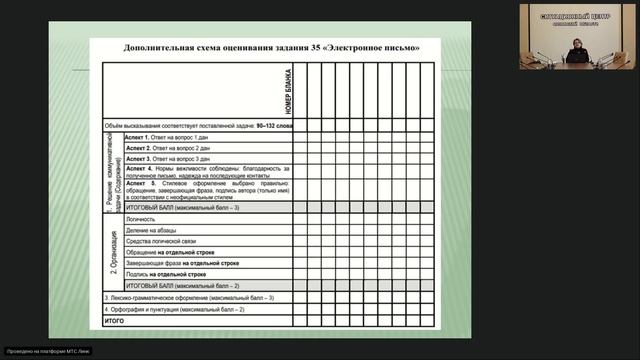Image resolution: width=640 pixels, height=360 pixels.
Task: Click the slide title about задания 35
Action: pyautogui.click(x=265, y=47)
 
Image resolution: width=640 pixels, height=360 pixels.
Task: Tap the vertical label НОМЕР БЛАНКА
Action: pyautogui.click(x=285, y=90)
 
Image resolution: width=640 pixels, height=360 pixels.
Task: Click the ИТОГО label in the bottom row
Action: pyautogui.click(x=115, y=321)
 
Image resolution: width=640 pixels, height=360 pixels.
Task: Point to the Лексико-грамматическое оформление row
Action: pyautogui.click(x=189, y=298)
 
